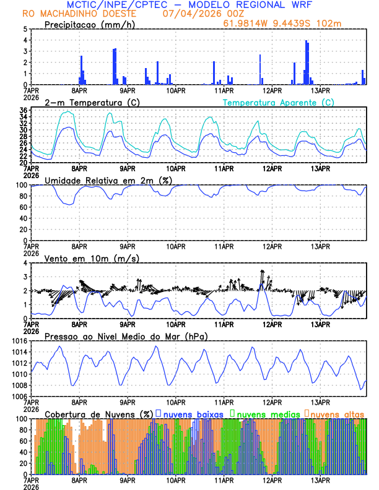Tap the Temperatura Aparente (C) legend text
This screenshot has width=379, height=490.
coord(279,102)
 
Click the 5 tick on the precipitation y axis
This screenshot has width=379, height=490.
coord(25,29)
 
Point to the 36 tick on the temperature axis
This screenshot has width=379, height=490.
coord(22,110)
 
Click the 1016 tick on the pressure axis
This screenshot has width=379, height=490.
coord(18,341)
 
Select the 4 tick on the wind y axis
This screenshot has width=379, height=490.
coord(25,263)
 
